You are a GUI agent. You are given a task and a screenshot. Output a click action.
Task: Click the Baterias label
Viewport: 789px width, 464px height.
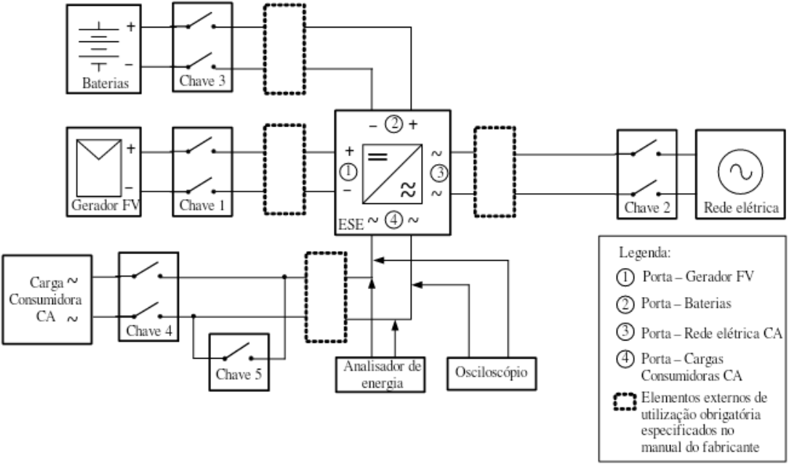click(x=105, y=83)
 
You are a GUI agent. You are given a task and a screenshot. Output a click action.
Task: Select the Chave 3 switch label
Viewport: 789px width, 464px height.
click(x=202, y=81)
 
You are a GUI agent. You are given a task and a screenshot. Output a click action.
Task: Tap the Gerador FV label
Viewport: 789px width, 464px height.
click(x=105, y=205)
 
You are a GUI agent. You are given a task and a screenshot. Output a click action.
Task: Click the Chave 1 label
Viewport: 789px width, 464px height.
click(x=202, y=205)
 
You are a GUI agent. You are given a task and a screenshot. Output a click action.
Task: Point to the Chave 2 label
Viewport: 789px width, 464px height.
click(x=648, y=207)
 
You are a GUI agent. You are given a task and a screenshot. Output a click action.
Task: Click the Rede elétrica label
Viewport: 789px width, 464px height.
click(x=741, y=207)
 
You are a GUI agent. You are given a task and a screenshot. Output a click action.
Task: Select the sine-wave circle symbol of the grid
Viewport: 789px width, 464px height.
click(x=740, y=171)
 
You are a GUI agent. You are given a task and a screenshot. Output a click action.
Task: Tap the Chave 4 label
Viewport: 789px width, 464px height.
click(x=149, y=331)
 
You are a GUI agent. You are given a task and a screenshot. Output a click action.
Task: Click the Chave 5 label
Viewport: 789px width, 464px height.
click(x=239, y=375)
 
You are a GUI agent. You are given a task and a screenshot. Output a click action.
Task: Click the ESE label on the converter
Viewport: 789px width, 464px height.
click(x=351, y=224)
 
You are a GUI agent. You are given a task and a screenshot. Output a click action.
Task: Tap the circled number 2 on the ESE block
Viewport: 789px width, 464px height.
click(x=394, y=123)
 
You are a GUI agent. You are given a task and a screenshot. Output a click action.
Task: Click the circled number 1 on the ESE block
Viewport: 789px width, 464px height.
click(x=348, y=172)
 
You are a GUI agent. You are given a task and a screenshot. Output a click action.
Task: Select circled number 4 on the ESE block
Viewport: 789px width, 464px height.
click(x=394, y=220)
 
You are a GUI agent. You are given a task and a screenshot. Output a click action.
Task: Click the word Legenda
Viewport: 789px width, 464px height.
click(x=644, y=253)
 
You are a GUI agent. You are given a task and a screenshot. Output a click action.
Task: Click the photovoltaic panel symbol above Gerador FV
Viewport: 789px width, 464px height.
click(x=99, y=168)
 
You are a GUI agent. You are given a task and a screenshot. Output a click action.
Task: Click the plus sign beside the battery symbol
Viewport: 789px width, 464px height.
click(x=130, y=26)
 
